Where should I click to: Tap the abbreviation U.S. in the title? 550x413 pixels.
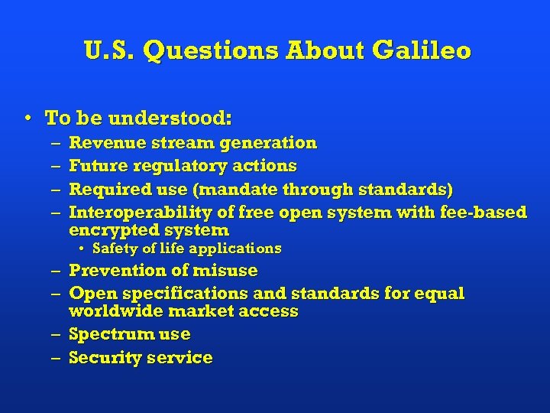[109, 51]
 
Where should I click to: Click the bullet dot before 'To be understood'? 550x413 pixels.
[27, 119]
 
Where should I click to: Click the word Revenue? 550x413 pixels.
[103, 143]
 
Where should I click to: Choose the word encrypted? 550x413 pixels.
[110, 230]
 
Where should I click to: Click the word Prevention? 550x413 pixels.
[112, 271]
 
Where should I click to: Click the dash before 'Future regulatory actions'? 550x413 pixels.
[57, 166]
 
